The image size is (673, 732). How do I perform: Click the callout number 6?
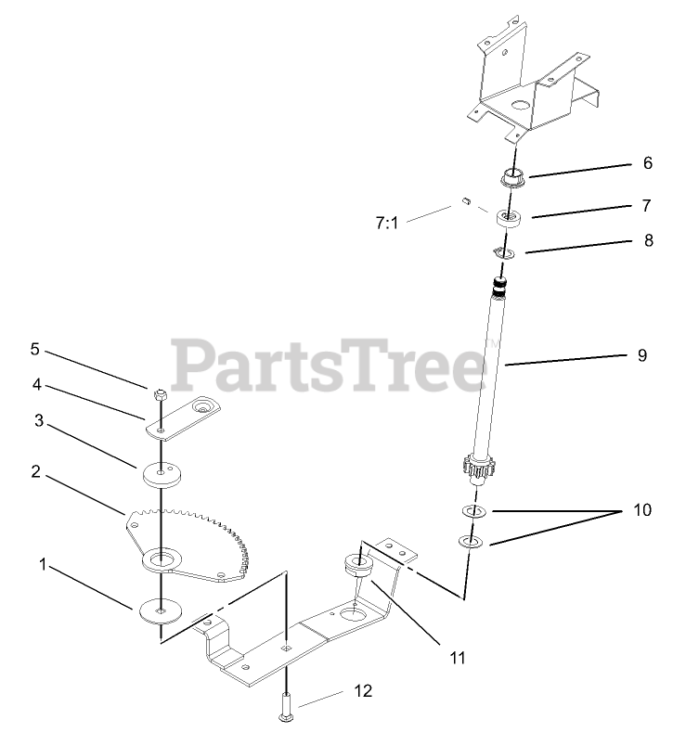click(647, 161)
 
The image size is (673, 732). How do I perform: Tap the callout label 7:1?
click(386, 223)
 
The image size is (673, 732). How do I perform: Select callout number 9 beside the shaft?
click(642, 354)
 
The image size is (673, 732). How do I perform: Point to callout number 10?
click(642, 510)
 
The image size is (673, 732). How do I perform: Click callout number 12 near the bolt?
click(362, 691)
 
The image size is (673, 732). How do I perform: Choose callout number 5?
click(34, 350)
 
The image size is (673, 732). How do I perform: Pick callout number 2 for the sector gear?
click(34, 471)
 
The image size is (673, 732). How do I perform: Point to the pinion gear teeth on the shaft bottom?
click(478, 469)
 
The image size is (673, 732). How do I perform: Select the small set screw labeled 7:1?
click(468, 199)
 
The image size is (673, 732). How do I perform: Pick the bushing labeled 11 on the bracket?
click(356, 563)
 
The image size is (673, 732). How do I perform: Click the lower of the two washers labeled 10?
click(470, 542)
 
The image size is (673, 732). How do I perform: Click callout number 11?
click(457, 658)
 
